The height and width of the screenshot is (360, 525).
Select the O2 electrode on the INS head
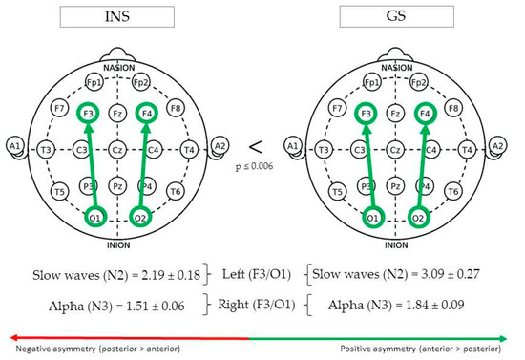(x=140, y=217)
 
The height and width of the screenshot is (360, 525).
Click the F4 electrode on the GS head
(x=425, y=115)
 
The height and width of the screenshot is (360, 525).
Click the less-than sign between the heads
(x=255, y=146)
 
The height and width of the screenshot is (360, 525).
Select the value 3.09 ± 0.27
(x=423, y=274)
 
